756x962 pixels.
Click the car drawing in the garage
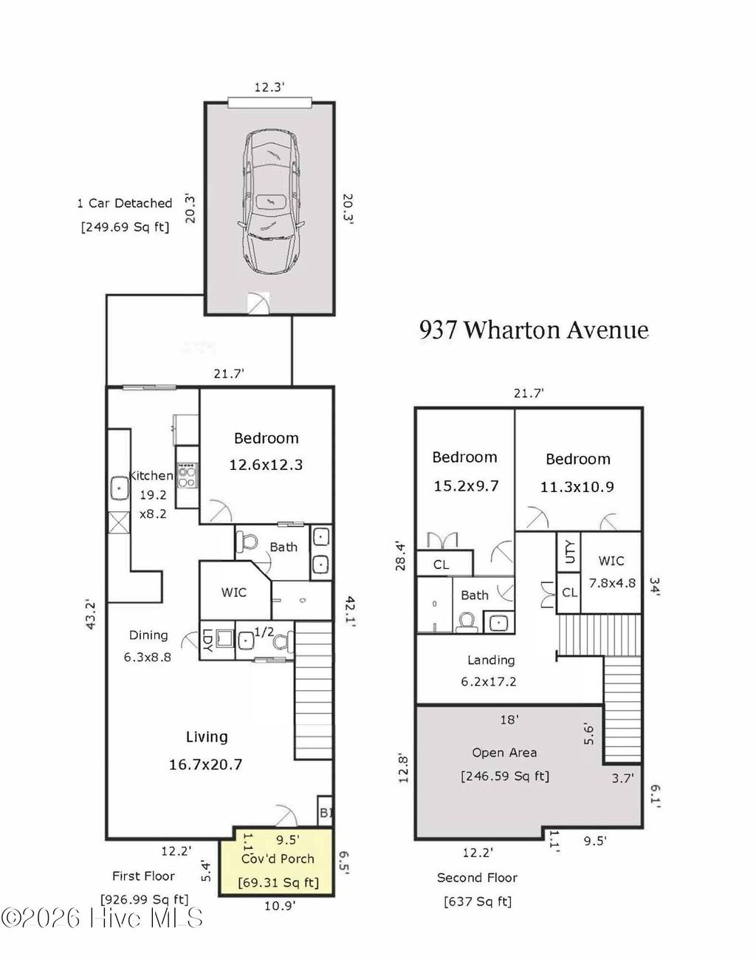269,202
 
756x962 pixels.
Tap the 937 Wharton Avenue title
534,330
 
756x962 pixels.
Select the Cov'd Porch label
278,859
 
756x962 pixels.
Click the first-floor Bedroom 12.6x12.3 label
266,451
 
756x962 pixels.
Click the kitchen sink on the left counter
118,488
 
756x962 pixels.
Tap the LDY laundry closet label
207,640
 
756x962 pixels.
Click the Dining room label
148,635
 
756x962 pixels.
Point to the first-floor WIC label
233,592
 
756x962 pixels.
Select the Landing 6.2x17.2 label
490,670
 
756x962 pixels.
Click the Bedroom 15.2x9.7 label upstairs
464,471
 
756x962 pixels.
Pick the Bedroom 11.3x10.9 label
578,473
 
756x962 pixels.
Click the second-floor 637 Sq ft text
477,901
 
